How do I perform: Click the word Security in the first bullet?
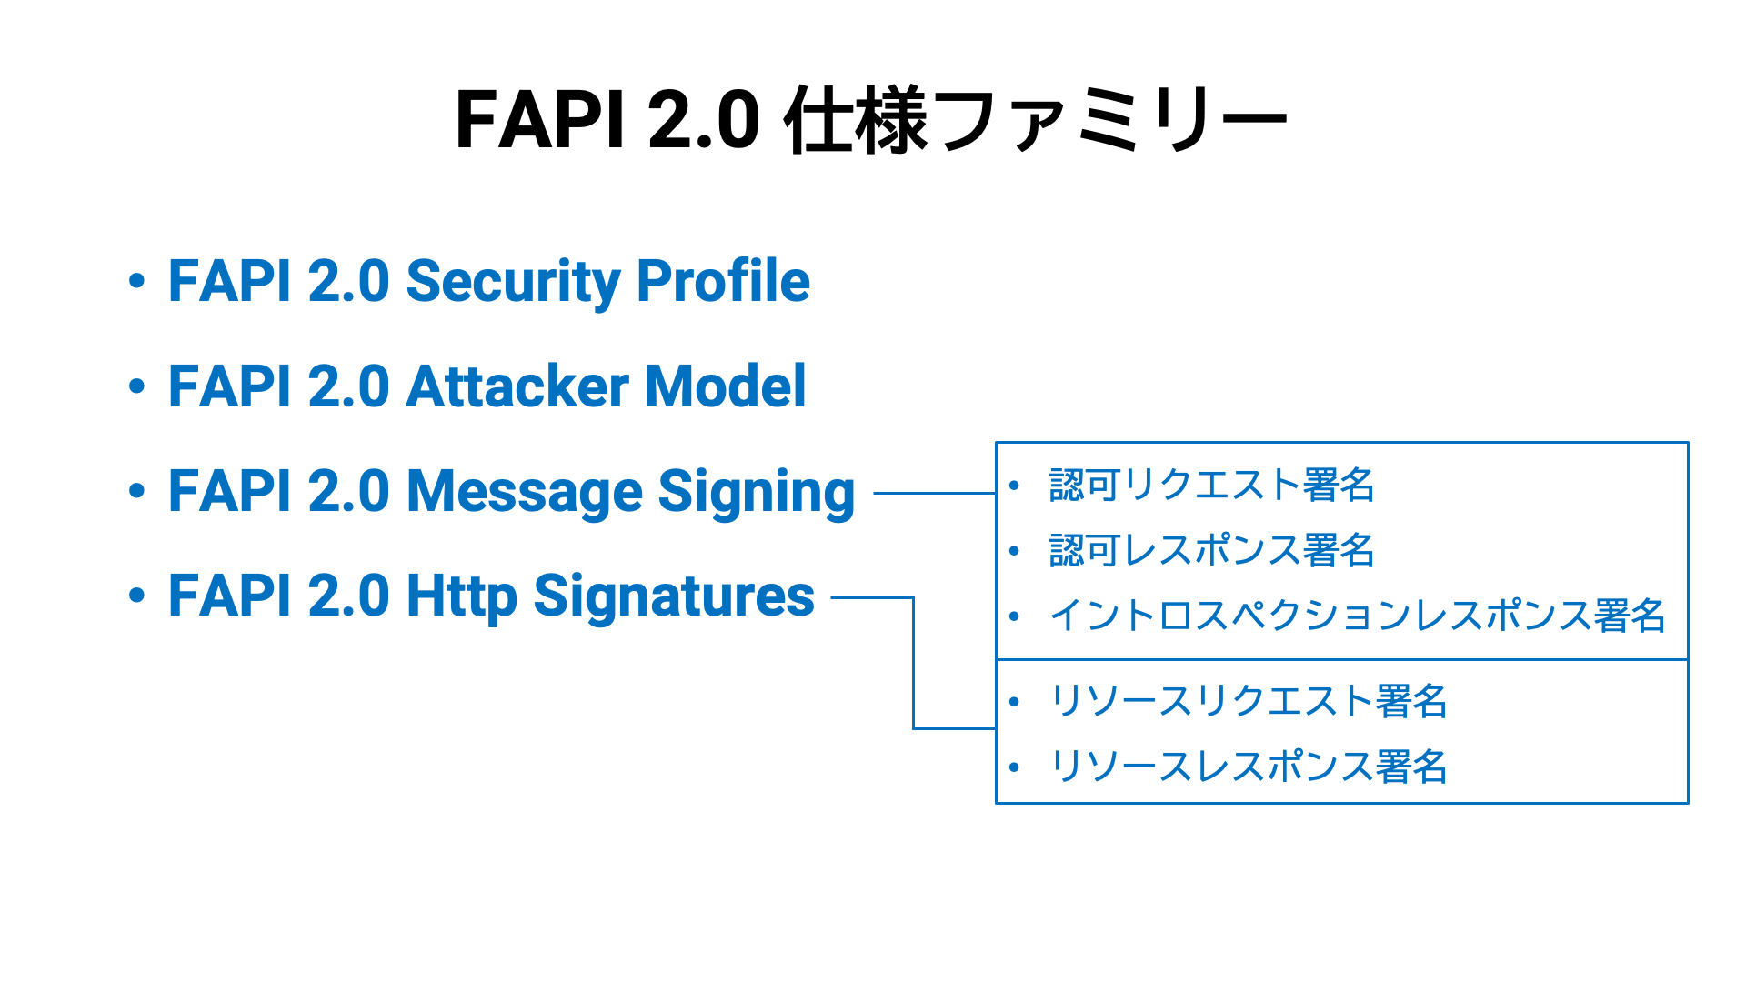512,282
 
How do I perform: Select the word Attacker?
516,386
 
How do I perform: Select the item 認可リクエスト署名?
1211,485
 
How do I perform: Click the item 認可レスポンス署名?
1211,550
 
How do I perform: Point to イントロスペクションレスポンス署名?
1357,616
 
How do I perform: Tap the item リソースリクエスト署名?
1248,701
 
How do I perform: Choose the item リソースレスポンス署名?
1248,767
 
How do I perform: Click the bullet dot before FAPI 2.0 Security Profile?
136,281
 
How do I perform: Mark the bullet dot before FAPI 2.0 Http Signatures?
136,596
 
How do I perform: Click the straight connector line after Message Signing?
935,493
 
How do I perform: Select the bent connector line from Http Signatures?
913,663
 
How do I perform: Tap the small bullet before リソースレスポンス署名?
1015,767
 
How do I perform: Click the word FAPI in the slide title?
539,119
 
